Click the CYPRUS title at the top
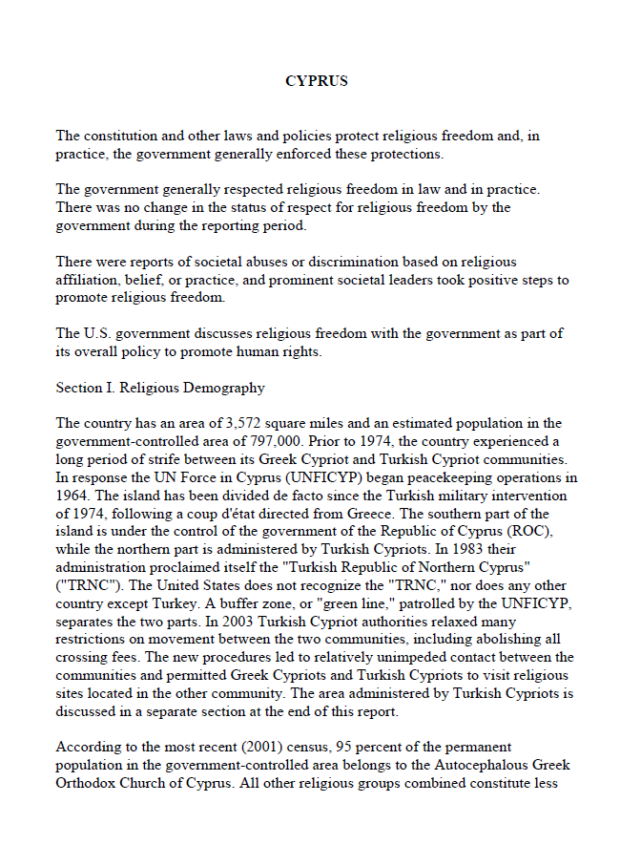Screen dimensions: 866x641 [x=316, y=81]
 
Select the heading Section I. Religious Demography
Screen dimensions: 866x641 [x=160, y=389]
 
